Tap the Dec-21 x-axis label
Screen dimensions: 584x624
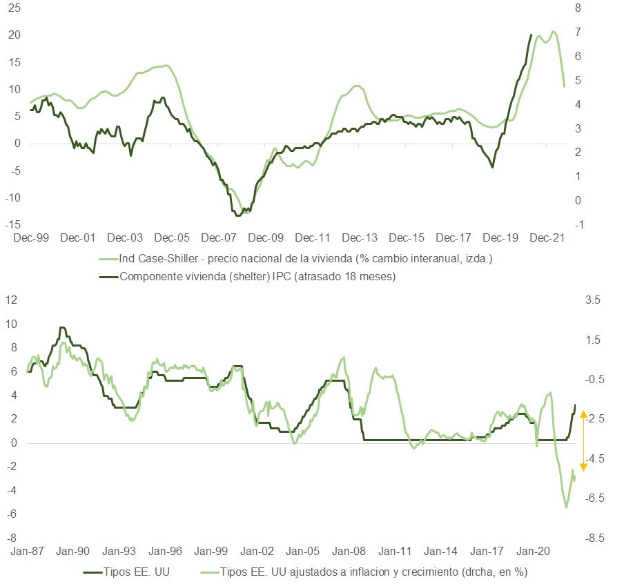pyautogui.click(x=547, y=238)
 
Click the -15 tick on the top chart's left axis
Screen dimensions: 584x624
pyautogui.click(x=12, y=225)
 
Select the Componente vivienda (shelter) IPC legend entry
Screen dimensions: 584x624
pyautogui.click(x=257, y=277)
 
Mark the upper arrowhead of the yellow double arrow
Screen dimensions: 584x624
pyautogui.click(x=583, y=414)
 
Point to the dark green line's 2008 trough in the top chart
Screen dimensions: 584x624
pyautogui.click(x=238, y=215)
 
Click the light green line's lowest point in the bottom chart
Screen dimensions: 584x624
pyautogui.click(x=566, y=507)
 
